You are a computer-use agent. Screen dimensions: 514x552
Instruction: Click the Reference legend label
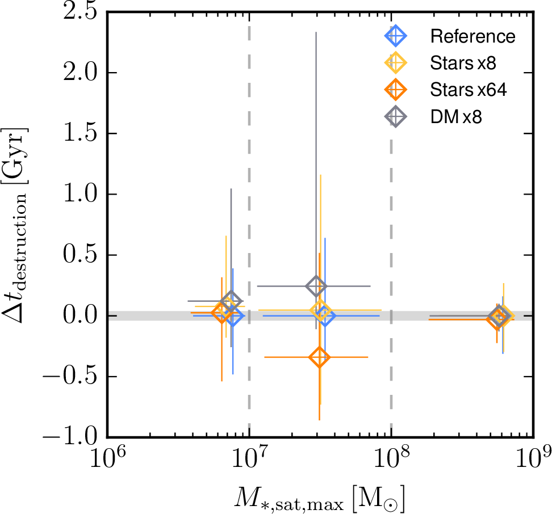coord(472,37)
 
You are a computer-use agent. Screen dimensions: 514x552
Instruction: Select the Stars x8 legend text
coord(463,63)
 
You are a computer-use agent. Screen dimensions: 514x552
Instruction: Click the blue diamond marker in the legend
coord(396,37)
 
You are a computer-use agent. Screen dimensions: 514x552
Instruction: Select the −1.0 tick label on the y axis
coord(65,437)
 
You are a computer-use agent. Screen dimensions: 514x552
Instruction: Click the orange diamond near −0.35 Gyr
coord(319,357)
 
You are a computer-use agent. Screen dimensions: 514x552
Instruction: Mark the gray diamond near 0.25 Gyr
coord(316,286)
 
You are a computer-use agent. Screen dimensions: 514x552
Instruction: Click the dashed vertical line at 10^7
coord(249,170)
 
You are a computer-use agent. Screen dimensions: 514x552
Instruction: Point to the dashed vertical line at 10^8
coord(391,170)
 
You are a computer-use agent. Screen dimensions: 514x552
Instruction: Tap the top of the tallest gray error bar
coord(316,33)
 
